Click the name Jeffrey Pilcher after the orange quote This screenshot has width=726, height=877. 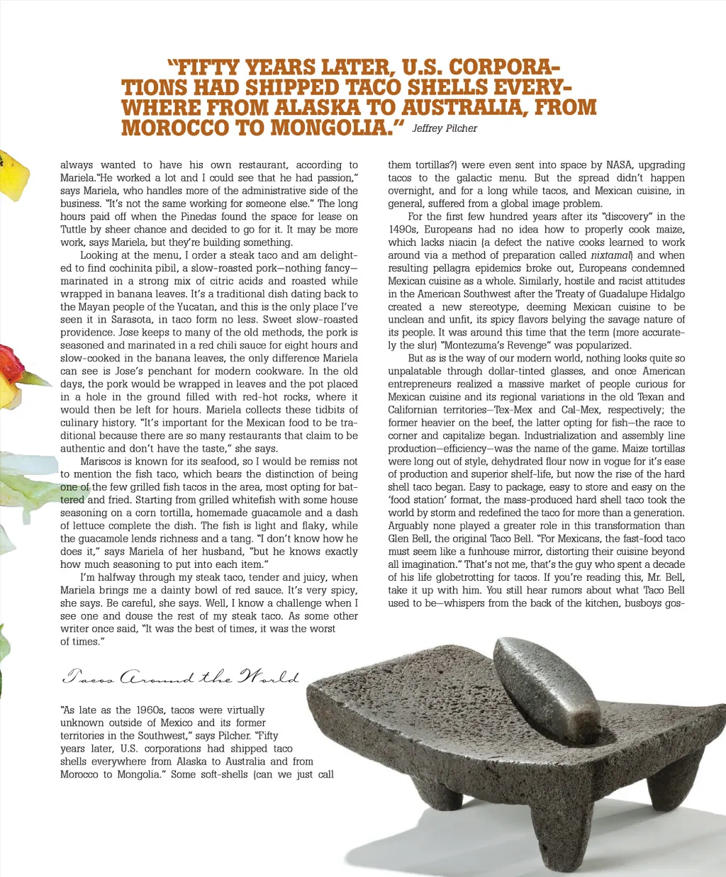[x=445, y=129]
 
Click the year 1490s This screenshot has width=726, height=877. [x=403, y=230]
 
